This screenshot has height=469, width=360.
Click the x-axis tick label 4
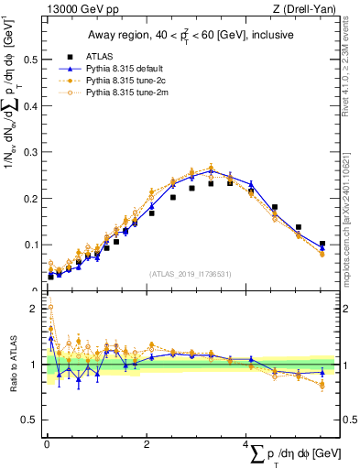(x=246, y=446)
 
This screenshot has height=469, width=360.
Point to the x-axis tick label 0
(x=47, y=446)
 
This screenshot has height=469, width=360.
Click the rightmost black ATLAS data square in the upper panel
(x=322, y=244)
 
